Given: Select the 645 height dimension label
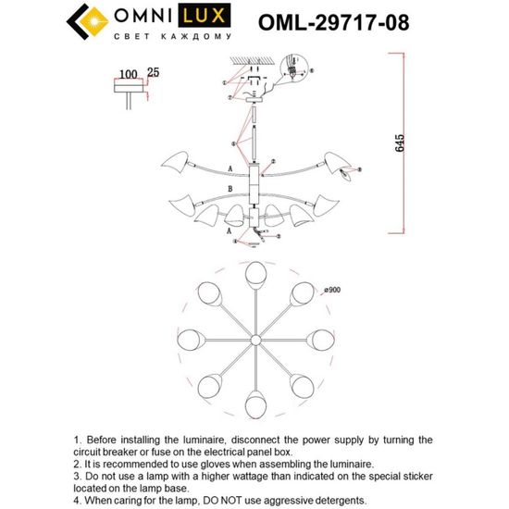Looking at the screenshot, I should tap(399, 143).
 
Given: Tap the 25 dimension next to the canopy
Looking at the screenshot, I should tap(151, 73).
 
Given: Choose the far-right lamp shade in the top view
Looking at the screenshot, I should tap(320, 337).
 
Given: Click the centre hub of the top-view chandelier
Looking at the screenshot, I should tap(254, 338).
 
